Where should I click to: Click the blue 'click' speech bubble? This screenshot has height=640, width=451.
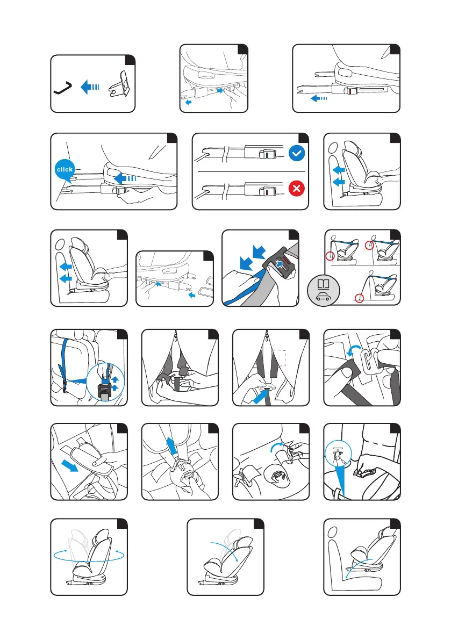pos(65,169)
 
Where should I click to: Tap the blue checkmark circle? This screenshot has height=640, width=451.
pos(297,154)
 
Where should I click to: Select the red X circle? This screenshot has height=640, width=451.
pos(297,189)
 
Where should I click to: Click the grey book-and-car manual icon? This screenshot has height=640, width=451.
pos(324,291)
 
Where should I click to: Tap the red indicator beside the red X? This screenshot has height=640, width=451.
pos(266,191)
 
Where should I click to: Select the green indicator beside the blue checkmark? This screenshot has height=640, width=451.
pos(266,155)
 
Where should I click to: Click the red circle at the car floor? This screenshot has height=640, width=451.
pos(359,298)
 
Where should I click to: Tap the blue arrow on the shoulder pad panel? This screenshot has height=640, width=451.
pos(69,464)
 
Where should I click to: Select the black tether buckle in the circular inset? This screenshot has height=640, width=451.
pos(105,391)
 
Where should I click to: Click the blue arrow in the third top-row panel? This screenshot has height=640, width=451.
pos(319,98)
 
